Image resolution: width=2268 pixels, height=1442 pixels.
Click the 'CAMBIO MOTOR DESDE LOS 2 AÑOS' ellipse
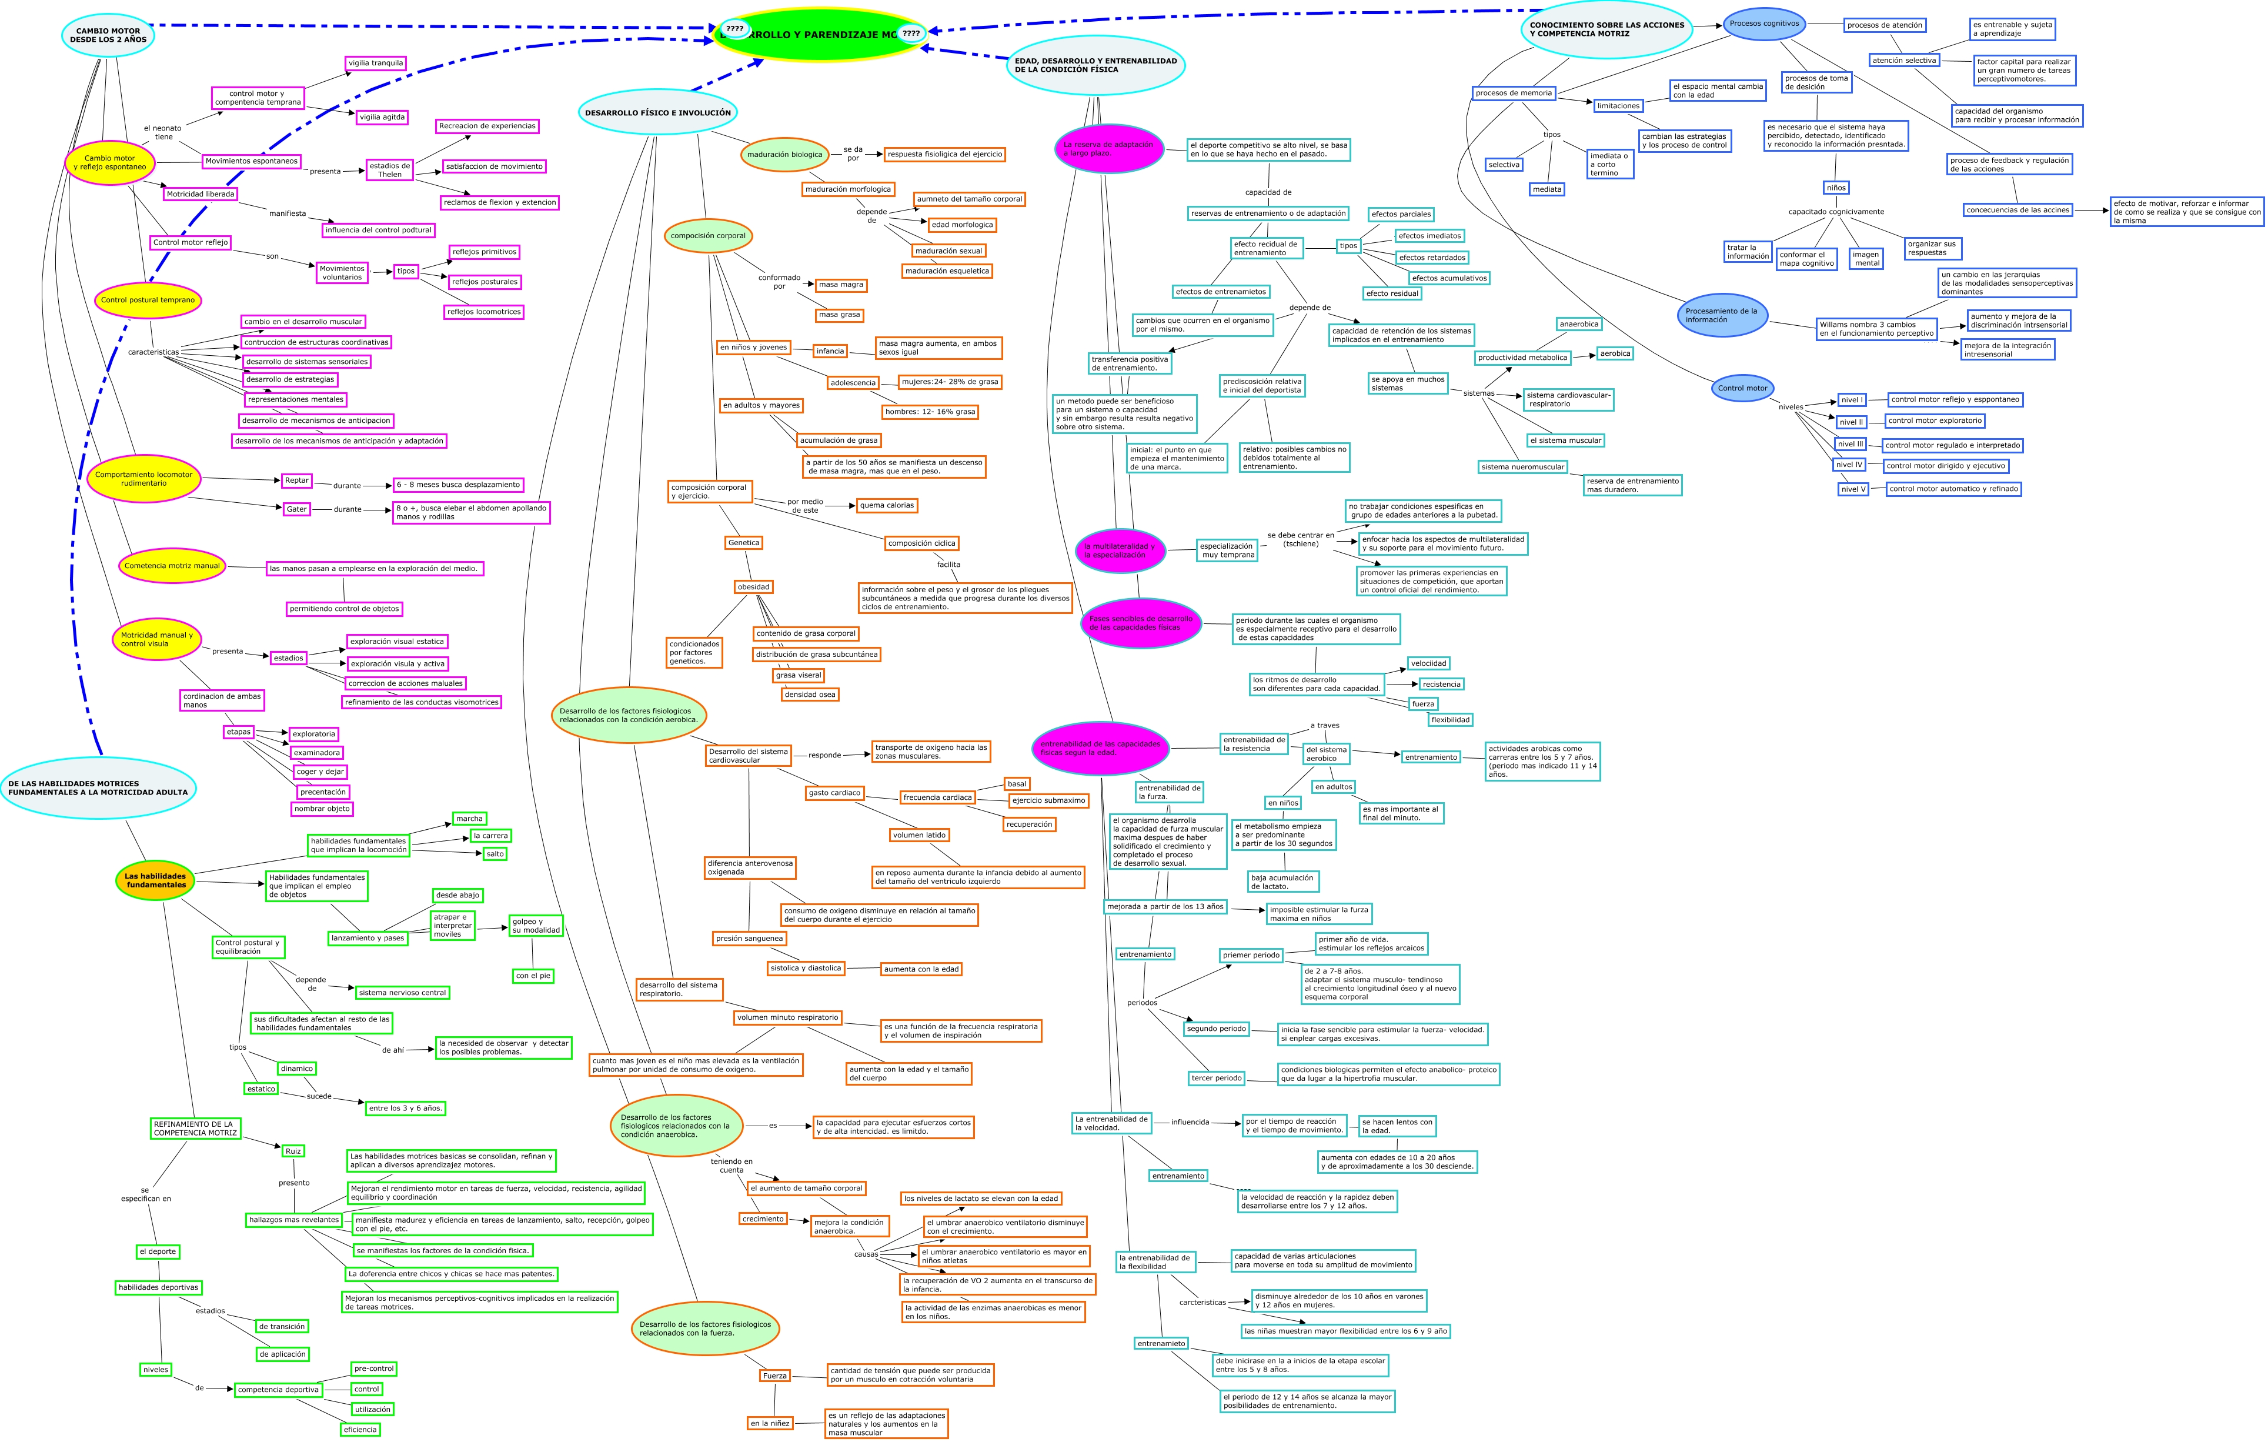click(108, 36)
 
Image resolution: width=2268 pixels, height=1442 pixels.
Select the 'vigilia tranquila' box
click(376, 63)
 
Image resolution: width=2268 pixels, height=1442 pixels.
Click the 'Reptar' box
click(297, 480)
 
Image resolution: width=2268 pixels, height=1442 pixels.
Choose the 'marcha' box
click(469, 819)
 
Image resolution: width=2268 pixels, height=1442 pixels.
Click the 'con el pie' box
click(533, 976)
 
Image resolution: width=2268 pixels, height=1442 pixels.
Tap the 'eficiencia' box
click(360, 1430)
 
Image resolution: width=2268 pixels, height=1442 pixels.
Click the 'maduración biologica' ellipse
click(784, 155)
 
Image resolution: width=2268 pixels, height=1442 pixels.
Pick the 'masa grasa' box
click(839, 315)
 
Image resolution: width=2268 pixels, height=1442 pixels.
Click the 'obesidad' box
click(753, 587)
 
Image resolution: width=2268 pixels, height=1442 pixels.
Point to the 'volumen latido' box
click(919, 835)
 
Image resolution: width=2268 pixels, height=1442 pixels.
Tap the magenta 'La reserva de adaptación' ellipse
click(1108, 149)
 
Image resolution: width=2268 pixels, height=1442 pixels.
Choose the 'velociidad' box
click(1429, 663)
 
